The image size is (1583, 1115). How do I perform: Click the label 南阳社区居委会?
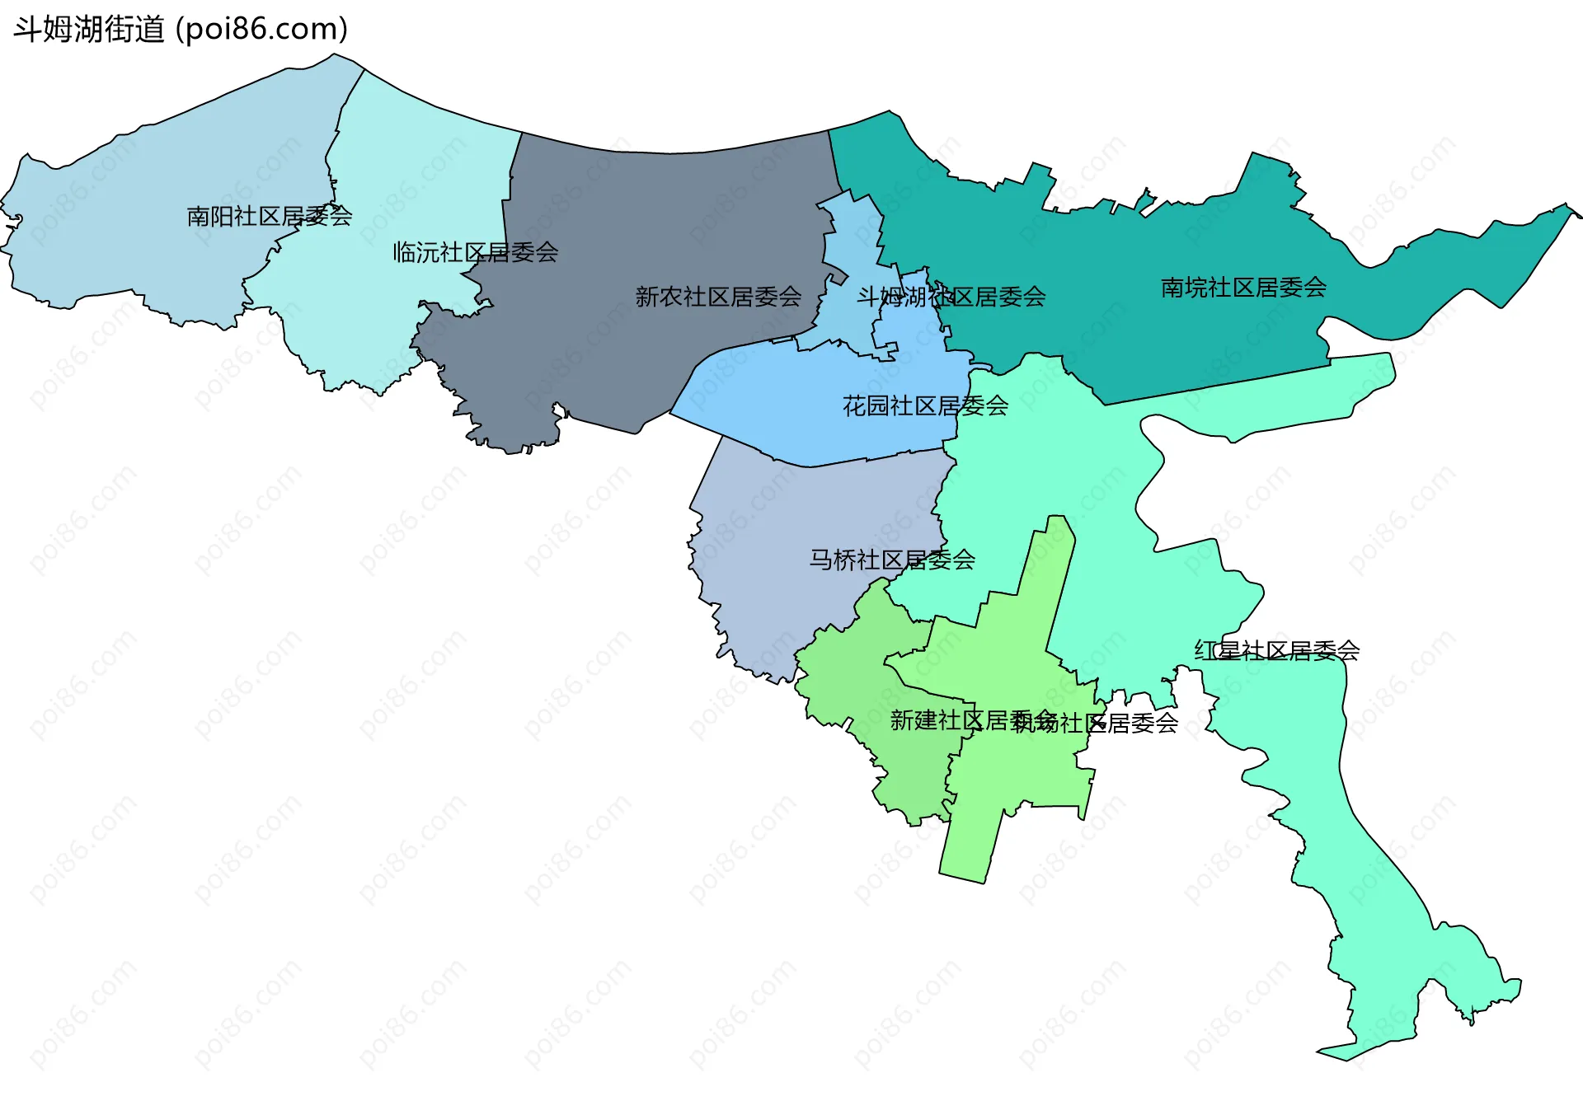[270, 217]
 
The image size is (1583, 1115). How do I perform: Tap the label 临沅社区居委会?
[476, 252]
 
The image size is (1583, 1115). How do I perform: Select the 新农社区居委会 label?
[718, 297]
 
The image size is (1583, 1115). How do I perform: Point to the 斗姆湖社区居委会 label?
[951, 297]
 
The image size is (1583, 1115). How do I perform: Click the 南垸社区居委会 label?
[1243, 288]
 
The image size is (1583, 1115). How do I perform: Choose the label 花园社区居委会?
[925, 405]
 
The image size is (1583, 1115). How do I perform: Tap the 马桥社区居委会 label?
[892, 560]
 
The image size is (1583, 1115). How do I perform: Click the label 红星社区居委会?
[1276, 651]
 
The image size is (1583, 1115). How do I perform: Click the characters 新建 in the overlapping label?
[914, 721]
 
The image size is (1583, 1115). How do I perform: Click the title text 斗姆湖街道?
[89, 30]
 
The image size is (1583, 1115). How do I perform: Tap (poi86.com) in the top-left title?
[262, 30]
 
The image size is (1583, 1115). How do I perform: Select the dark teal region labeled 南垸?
[1154, 330]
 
